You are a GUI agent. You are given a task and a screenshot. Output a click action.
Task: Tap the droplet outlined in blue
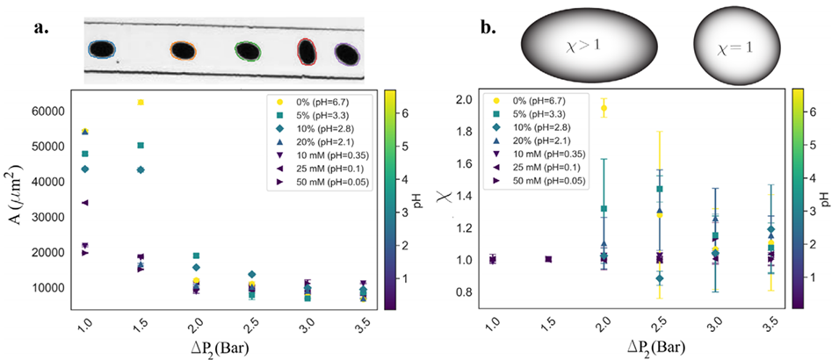tap(103, 49)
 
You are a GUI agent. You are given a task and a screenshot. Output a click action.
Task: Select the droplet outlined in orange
tap(182, 51)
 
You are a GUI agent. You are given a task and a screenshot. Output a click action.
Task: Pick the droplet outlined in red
tap(307, 52)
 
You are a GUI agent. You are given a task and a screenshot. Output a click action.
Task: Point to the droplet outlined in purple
tap(347, 54)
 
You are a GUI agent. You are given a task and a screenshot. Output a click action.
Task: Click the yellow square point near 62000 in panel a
tap(140, 103)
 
